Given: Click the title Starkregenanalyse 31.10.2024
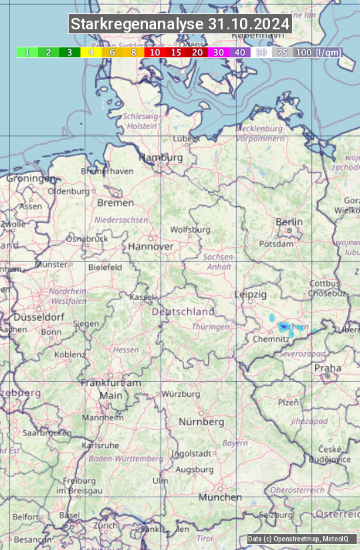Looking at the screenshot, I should (x=180, y=24).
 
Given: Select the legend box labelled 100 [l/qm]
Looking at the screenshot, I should (x=317, y=52).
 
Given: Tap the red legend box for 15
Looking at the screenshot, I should (x=176, y=52).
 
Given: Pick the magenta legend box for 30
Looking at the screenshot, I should (x=219, y=52).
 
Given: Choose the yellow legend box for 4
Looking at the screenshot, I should (x=91, y=52).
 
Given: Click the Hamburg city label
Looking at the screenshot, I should (x=161, y=158).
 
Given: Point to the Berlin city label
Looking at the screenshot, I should (x=289, y=222).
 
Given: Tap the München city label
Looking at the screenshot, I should (x=220, y=497).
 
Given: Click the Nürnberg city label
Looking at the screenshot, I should (x=201, y=422).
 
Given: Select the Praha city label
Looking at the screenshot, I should (x=327, y=368).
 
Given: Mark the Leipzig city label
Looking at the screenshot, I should (x=251, y=294).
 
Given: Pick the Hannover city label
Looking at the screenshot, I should (x=151, y=246).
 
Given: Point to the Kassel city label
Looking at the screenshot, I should (x=141, y=297).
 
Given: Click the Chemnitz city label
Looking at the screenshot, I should (x=271, y=339).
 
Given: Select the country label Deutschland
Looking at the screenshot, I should (x=183, y=311).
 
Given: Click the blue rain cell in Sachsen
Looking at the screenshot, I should (x=284, y=327).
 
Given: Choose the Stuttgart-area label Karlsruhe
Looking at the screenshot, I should (x=99, y=445).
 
